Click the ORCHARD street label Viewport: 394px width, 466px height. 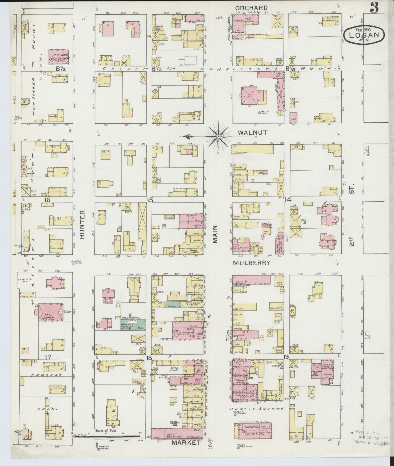(251, 8)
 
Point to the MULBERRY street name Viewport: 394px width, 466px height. (251, 263)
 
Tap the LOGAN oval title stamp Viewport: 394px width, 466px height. (364, 35)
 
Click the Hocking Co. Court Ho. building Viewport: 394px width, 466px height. (253, 431)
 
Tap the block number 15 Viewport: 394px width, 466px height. (150, 200)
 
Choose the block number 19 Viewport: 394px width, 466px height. (286, 357)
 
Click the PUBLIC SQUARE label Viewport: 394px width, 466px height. (256, 409)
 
